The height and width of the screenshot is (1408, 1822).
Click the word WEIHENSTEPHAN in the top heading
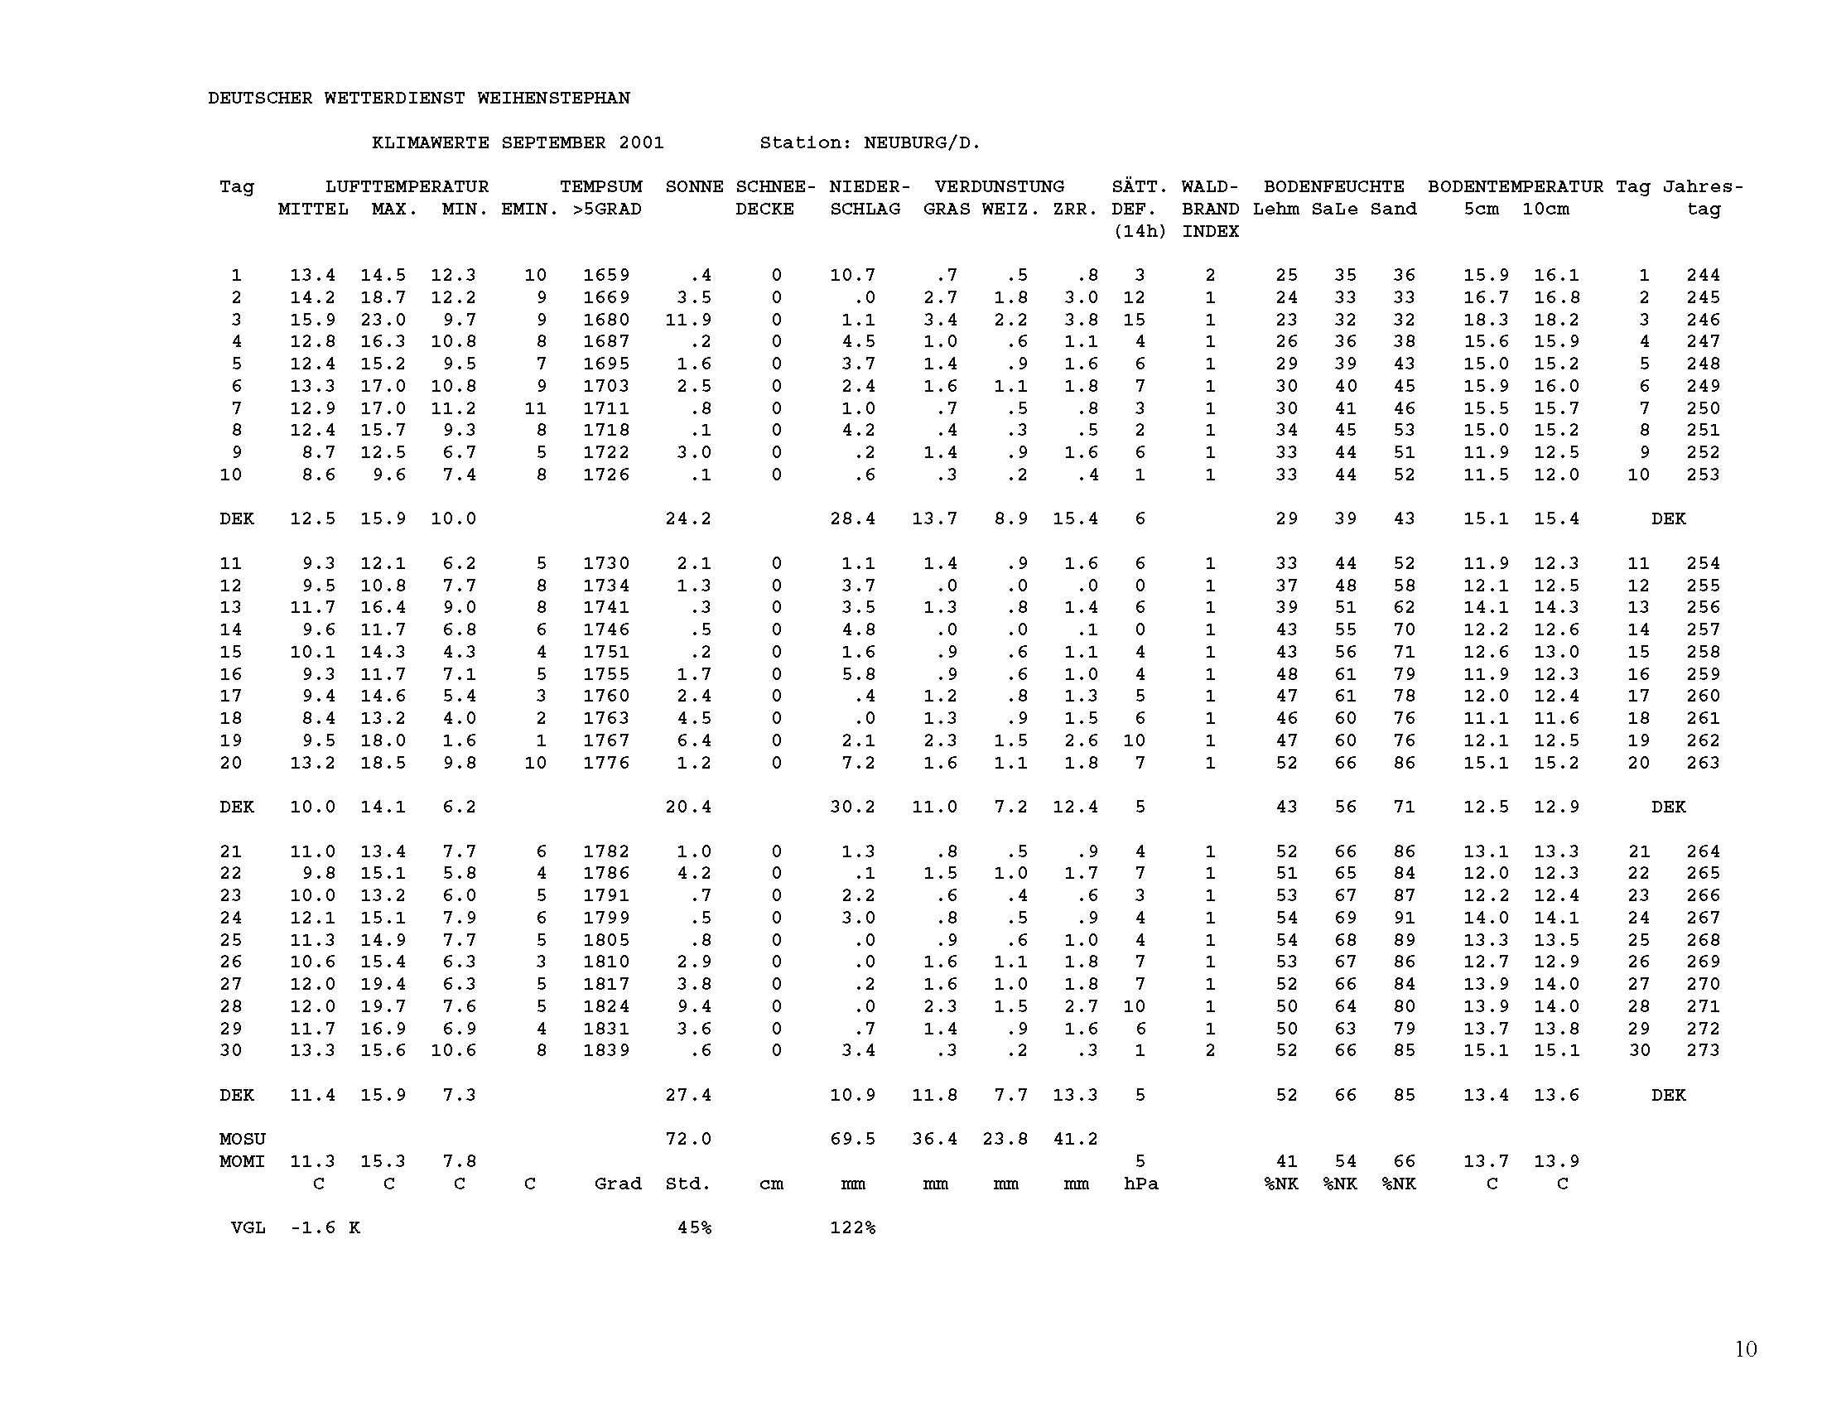553,99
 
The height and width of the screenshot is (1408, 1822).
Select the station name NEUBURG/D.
922,142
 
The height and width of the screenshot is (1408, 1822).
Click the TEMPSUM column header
600,187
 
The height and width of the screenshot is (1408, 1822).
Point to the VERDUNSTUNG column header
1000,187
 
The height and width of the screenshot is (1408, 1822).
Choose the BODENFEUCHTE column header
1334,187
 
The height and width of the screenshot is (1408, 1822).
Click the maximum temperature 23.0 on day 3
383,320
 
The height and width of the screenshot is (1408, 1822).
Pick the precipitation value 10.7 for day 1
852,275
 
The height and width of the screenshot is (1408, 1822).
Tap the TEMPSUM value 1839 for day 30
605,1050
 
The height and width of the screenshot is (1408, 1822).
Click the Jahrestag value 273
1703,1050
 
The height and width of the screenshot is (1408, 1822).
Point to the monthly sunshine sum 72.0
688,1140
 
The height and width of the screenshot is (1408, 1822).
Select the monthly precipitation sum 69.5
852,1140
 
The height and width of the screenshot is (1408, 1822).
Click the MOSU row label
242,1140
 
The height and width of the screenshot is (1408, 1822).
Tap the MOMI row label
242,1161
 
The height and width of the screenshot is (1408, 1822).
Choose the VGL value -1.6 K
325,1227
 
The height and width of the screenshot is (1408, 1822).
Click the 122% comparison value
852,1227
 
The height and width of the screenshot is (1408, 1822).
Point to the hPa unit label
1140,1184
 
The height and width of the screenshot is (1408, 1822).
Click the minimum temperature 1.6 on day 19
460,740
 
